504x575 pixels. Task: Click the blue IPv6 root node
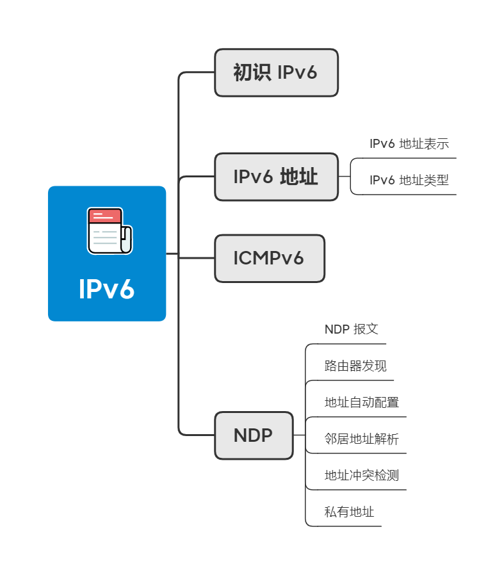[107, 254]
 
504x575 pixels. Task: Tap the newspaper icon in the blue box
[109, 231]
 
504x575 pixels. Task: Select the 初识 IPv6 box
[276, 73]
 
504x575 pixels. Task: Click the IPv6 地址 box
[276, 177]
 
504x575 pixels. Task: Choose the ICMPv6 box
[269, 258]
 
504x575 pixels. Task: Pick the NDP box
[254, 435]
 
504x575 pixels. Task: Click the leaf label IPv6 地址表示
[409, 144]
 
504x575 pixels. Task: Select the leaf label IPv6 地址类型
[409, 181]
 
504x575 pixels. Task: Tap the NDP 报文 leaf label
[352, 330]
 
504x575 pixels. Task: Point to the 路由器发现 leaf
[355, 366]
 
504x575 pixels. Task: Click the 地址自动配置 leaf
[362, 403]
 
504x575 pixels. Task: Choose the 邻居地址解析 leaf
[362, 439]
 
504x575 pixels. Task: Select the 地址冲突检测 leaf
[362, 476]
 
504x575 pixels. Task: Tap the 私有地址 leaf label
[349, 512]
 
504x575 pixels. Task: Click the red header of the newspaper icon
[104, 216]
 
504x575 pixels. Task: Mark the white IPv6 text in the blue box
[107, 289]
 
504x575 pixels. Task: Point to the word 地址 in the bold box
[299, 177]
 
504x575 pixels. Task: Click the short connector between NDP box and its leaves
[299, 435]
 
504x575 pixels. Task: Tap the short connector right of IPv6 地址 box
[344, 177]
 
